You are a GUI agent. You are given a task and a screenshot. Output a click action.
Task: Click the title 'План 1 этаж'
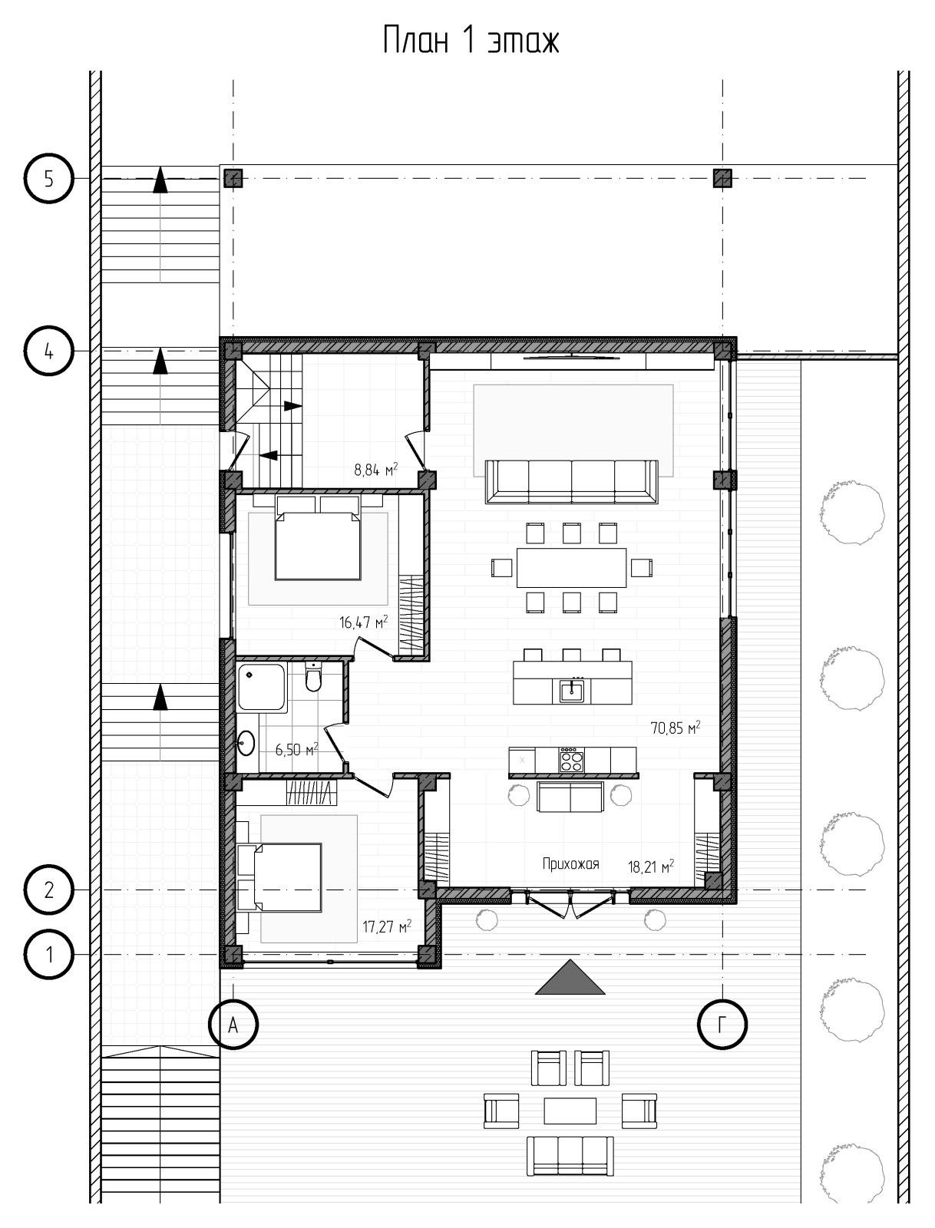(471, 40)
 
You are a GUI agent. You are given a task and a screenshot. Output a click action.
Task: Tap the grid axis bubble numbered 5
(48, 179)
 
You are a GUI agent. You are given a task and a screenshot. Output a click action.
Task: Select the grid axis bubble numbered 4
(48, 351)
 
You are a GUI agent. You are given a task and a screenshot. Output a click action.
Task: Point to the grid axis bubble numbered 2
(48, 890)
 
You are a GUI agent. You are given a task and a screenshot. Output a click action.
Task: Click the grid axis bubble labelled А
(233, 1025)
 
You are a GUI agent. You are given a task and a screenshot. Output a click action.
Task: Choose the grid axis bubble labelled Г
(722, 1025)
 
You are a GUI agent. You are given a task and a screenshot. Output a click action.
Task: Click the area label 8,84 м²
(375, 469)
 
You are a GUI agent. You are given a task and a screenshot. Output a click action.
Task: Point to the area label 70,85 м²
(676, 728)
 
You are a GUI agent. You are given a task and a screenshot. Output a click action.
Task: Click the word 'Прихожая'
(570, 863)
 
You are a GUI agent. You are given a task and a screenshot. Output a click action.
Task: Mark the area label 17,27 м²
(387, 927)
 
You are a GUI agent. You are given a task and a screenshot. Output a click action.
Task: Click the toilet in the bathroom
(313, 676)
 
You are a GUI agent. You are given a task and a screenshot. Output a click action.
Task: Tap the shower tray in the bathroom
(262, 687)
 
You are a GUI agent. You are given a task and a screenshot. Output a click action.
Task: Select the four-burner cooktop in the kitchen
(571, 760)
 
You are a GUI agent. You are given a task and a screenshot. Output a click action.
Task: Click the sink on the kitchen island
(571, 691)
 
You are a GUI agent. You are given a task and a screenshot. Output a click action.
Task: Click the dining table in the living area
(571, 567)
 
